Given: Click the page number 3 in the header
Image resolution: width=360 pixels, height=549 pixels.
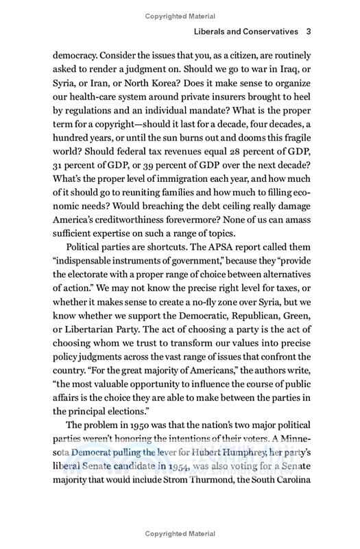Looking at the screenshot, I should (310, 32).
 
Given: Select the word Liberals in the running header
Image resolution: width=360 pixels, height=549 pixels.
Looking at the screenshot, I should (214, 32).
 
